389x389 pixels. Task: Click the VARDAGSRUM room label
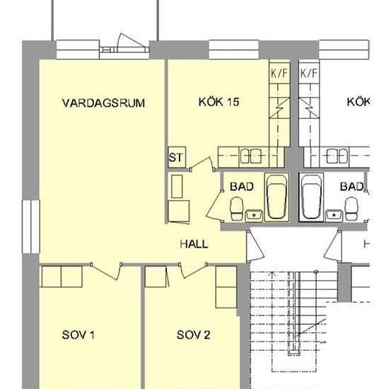pos(103,103)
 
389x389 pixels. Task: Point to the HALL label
pos(194,244)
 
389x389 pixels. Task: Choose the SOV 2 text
pos(193,335)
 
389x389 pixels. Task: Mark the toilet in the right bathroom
pos(351,207)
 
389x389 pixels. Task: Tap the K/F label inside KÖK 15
pos(278,73)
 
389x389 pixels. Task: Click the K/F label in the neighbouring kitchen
pos(308,73)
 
